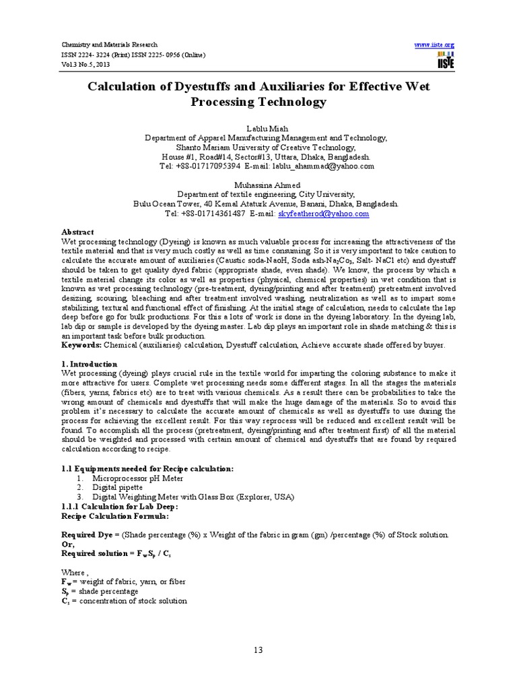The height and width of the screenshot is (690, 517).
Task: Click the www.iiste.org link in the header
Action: [x=435, y=44]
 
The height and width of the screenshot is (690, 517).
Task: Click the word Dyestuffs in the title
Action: [x=225, y=87]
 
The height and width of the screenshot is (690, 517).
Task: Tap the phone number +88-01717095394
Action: [x=210, y=166]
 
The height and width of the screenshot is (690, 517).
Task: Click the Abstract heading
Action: [x=77, y=232]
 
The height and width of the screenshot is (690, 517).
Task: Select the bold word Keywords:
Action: [x=81, y=345]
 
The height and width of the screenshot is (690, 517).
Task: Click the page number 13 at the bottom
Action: [x=258, y=650]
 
